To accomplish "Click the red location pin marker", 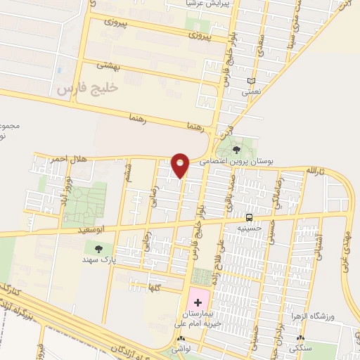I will pos(181,165).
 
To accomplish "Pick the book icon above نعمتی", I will pos(251,81).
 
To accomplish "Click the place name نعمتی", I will pos(251,91).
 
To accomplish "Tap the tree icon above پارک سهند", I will pos(98,248).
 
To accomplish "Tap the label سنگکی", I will pos(302,348).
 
